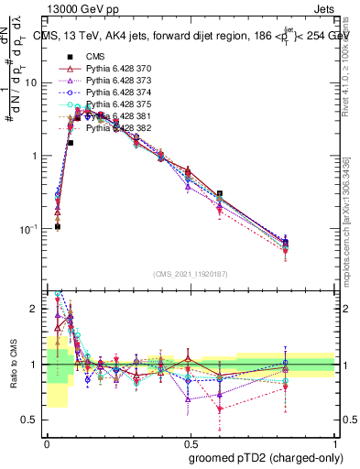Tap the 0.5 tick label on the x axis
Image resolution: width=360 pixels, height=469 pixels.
pos(191,442)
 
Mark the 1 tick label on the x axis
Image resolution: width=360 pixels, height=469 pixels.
pos(334,442)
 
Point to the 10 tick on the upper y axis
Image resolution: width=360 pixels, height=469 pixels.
pos(33,82)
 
